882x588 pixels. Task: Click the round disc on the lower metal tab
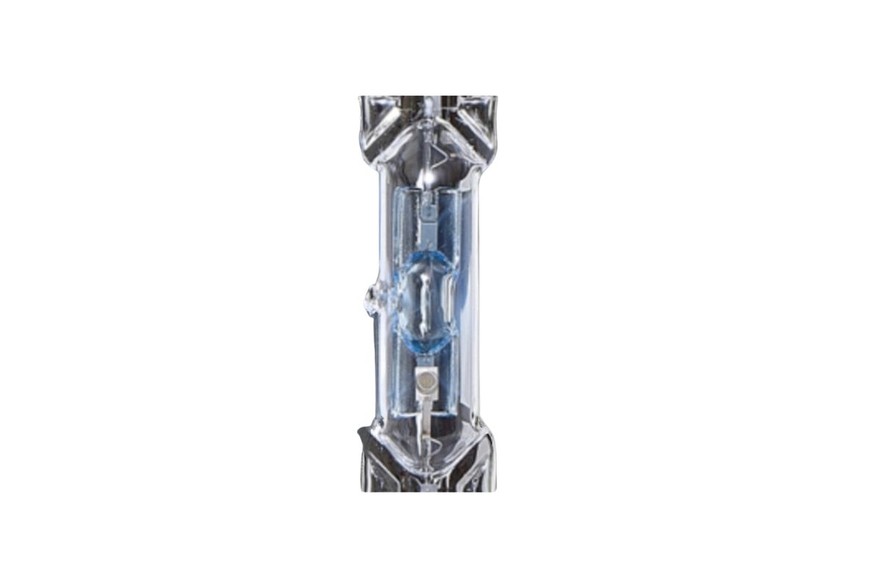423,380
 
